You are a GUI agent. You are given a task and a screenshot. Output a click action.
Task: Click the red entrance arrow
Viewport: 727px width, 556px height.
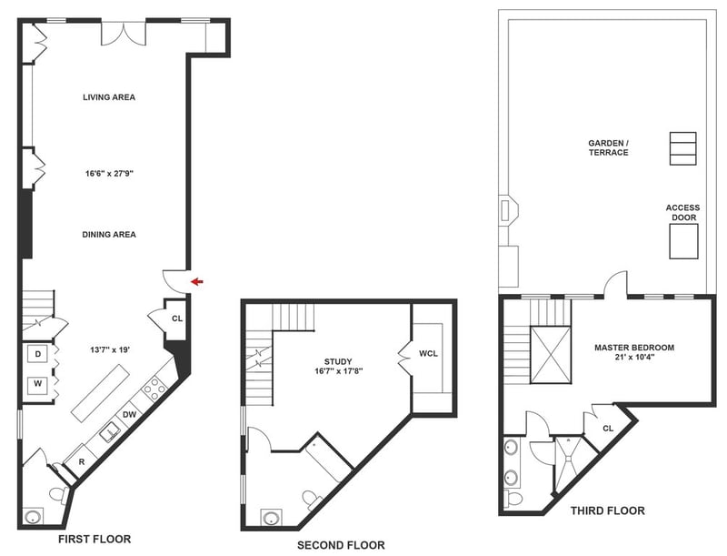pos(197,281)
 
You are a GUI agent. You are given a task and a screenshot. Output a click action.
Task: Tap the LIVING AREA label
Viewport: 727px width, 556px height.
pos(109,97)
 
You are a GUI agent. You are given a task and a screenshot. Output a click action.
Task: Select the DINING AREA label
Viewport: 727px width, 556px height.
pos(109,235)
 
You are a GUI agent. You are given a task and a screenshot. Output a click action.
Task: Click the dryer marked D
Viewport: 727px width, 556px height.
pos(38,355)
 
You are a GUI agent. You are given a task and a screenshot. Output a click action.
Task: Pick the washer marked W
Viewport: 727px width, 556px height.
pos(38,384)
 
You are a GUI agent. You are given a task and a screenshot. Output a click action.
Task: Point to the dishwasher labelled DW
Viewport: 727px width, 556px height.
pos(129,414)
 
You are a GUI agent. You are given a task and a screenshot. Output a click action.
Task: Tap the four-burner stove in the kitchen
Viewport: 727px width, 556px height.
pos(154,389)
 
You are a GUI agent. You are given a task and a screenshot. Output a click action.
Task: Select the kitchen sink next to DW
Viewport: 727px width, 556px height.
pos(110,432)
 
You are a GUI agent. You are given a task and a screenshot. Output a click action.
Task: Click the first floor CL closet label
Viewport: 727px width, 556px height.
pos(177,318)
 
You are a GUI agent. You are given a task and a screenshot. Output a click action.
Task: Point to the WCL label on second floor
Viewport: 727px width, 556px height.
pos(428,353)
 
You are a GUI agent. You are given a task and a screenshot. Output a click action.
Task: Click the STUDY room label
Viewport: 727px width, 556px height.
pos(338,361)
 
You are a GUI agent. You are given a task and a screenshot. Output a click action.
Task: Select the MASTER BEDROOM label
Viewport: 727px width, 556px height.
pos(634,348)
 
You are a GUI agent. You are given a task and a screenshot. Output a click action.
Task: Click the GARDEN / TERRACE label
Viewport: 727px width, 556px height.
pos(608,147)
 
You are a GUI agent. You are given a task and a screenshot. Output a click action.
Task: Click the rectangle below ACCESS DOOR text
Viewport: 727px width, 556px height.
pos(683,241)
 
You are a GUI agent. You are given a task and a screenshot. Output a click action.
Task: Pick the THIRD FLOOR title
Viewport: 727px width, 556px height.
pos(607,511)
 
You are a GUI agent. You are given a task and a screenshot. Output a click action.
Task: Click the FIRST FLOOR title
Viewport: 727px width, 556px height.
pos(95,539)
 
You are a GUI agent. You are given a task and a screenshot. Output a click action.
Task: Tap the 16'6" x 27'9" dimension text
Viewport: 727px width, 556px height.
pos(109,174)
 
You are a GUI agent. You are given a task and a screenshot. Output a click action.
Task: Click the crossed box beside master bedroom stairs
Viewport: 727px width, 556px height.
pos(551,355)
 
